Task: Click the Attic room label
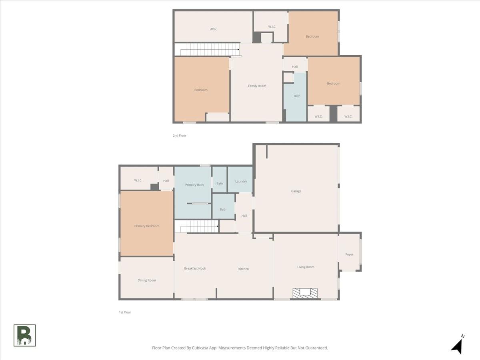(214, 29)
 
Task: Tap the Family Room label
(257, 86)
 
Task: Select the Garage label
(296, 191)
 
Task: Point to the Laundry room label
(241, 182)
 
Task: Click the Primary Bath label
(194, 185)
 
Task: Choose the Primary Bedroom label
(147, 226)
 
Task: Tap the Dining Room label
(147, 280)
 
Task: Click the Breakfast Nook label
(195, 268)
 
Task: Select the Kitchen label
(244, 269)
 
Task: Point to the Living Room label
(306, 267)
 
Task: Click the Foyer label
(349, 254)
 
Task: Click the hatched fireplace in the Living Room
(305, 293)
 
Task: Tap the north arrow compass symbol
(458, 345)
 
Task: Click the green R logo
(25, 336)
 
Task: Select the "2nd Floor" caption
(180, 136)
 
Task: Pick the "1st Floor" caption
(125, 312)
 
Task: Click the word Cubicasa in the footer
(200, 348)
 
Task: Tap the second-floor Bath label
(297, 96)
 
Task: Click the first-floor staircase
(200, 226)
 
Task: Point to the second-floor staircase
(210, 49)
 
